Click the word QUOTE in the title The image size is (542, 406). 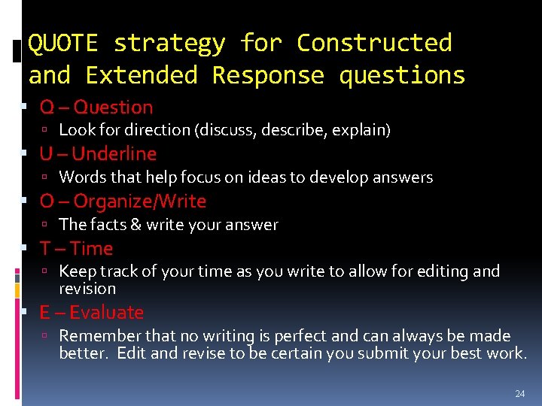click(62, 43)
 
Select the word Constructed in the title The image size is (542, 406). click(374, 43)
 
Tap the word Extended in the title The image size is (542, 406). click(142, 75)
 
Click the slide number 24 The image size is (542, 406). click(519, 393)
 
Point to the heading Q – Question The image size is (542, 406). click(96, 108)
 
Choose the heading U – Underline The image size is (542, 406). click(98, 154)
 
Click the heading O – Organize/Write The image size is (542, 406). click(123, 201)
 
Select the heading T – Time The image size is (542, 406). click(76, 248)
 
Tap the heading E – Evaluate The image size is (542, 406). click(91, 312)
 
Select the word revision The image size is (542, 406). click(87, 289)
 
